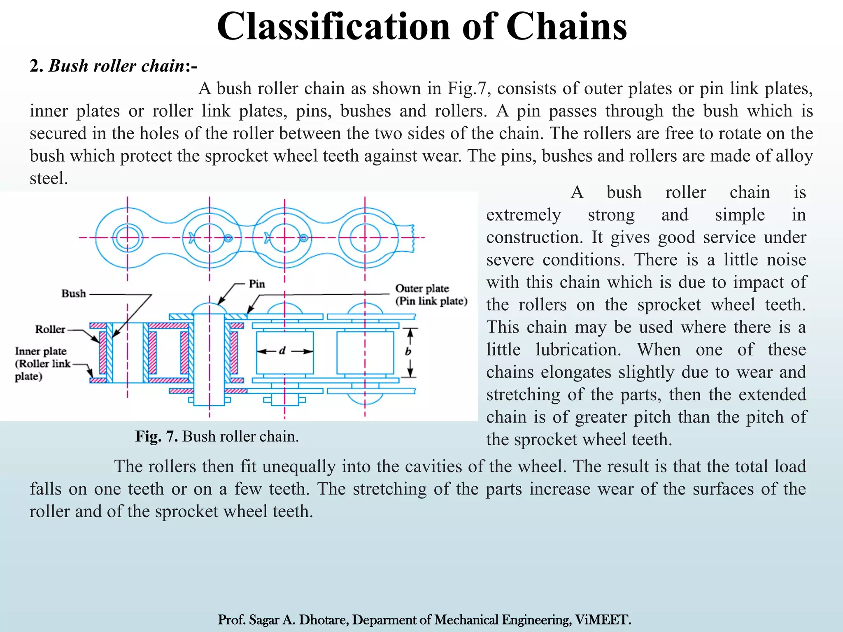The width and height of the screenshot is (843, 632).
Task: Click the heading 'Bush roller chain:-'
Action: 113,66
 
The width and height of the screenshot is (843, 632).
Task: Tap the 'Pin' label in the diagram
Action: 257,284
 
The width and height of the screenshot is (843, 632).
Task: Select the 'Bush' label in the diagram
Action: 74,293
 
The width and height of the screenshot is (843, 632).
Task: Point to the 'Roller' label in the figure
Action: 50,329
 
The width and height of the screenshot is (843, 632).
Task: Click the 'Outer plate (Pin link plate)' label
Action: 431,295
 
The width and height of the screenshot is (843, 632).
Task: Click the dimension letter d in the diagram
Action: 282,351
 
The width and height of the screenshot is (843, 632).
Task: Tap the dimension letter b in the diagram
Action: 408,351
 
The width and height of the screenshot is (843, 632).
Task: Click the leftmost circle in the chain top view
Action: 128,238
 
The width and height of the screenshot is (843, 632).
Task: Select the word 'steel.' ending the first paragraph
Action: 49,179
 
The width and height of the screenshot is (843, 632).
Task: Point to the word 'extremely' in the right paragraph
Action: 524,215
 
